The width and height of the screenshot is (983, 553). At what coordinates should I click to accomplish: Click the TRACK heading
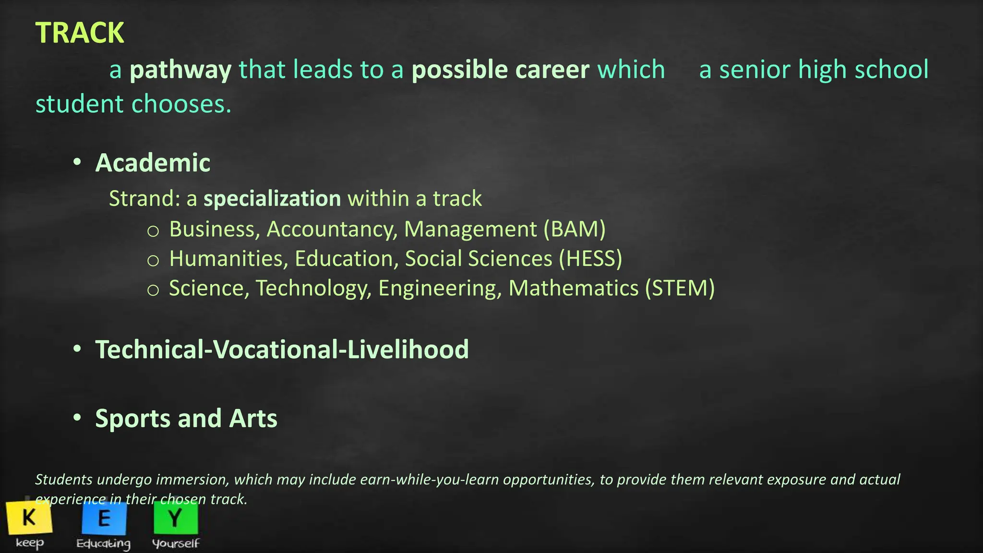point(80,33)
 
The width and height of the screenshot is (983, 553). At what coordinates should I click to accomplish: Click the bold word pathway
point(180,70)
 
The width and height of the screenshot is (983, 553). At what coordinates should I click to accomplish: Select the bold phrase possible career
point(500,70)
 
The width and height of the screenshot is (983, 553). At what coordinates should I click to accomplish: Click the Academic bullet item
point(153,163)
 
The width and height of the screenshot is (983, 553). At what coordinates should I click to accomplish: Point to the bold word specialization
point(272,199)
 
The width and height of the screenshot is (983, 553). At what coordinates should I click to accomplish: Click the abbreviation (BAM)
point(575,229)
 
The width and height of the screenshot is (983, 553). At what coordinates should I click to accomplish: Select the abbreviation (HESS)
point(590,259)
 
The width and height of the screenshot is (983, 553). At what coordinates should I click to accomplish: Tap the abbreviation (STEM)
point(680,289)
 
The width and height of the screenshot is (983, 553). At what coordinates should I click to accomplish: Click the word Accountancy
point(332,229)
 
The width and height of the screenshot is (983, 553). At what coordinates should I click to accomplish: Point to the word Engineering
point(440,289)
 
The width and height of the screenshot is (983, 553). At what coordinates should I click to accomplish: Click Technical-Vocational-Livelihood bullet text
point(282,349)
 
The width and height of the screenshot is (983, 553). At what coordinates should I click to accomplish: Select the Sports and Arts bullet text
point(186,419)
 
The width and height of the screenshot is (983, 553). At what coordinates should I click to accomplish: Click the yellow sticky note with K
point(29,517)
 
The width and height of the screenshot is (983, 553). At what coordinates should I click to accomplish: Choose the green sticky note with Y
point(176,517)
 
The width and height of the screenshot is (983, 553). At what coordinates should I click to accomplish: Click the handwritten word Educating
point(104,543)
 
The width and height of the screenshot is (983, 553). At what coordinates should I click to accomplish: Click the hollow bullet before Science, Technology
point(153,290)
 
